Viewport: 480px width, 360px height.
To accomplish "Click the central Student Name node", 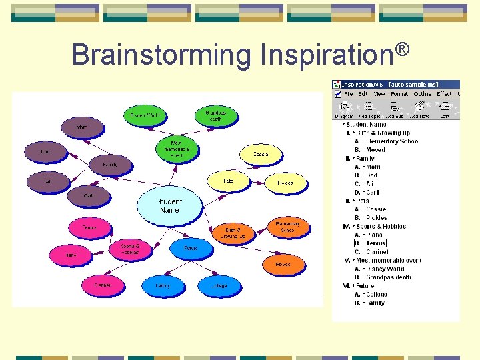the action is (x=169, y=205).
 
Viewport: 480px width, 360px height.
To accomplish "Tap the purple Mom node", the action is (x=81, y=126).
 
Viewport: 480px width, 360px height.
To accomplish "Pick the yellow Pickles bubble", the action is (x=285, y=182).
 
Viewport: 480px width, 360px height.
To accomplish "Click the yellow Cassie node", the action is (x=261, y=154).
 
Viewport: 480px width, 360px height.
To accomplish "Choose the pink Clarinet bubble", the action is (x=103, y=285).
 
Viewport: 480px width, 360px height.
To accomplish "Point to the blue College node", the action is (x=219, y=286).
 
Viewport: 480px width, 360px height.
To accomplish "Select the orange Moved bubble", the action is (x=282, y=264).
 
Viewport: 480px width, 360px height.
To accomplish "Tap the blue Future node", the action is (x=191, y=249).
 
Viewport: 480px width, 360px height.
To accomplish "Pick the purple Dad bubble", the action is (x=45, y=152).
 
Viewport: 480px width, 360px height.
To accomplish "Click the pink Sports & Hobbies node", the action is (x=129, y=249).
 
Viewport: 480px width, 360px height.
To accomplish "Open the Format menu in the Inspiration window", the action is (x=399, y=94).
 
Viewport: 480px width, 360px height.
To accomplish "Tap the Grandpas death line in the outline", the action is (x=389, y=277).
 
